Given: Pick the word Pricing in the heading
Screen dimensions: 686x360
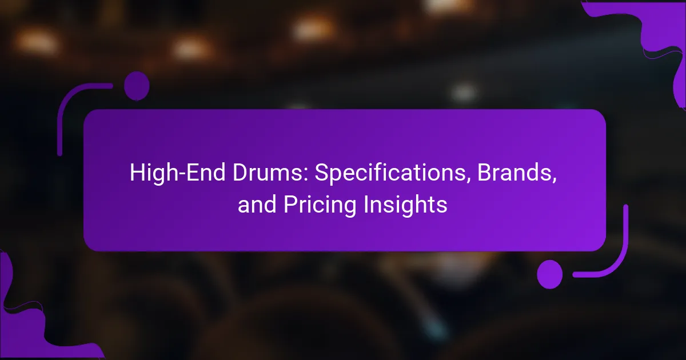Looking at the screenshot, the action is point(320,205).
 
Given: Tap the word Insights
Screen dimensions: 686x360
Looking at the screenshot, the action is point(405,205).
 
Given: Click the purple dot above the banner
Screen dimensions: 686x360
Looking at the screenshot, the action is point(137,86).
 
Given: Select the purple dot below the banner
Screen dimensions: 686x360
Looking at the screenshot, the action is point(550,274).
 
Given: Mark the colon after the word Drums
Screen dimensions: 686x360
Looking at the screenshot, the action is point(306,176).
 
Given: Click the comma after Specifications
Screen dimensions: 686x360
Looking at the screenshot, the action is point(468,181).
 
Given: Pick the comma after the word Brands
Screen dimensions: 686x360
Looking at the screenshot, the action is point(554,181).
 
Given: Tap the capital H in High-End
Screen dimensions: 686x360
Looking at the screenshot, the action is point(138,173).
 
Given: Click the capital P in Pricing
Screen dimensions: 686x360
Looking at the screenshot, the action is point(290,204).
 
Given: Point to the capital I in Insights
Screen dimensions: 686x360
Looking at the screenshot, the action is point(366,204).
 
